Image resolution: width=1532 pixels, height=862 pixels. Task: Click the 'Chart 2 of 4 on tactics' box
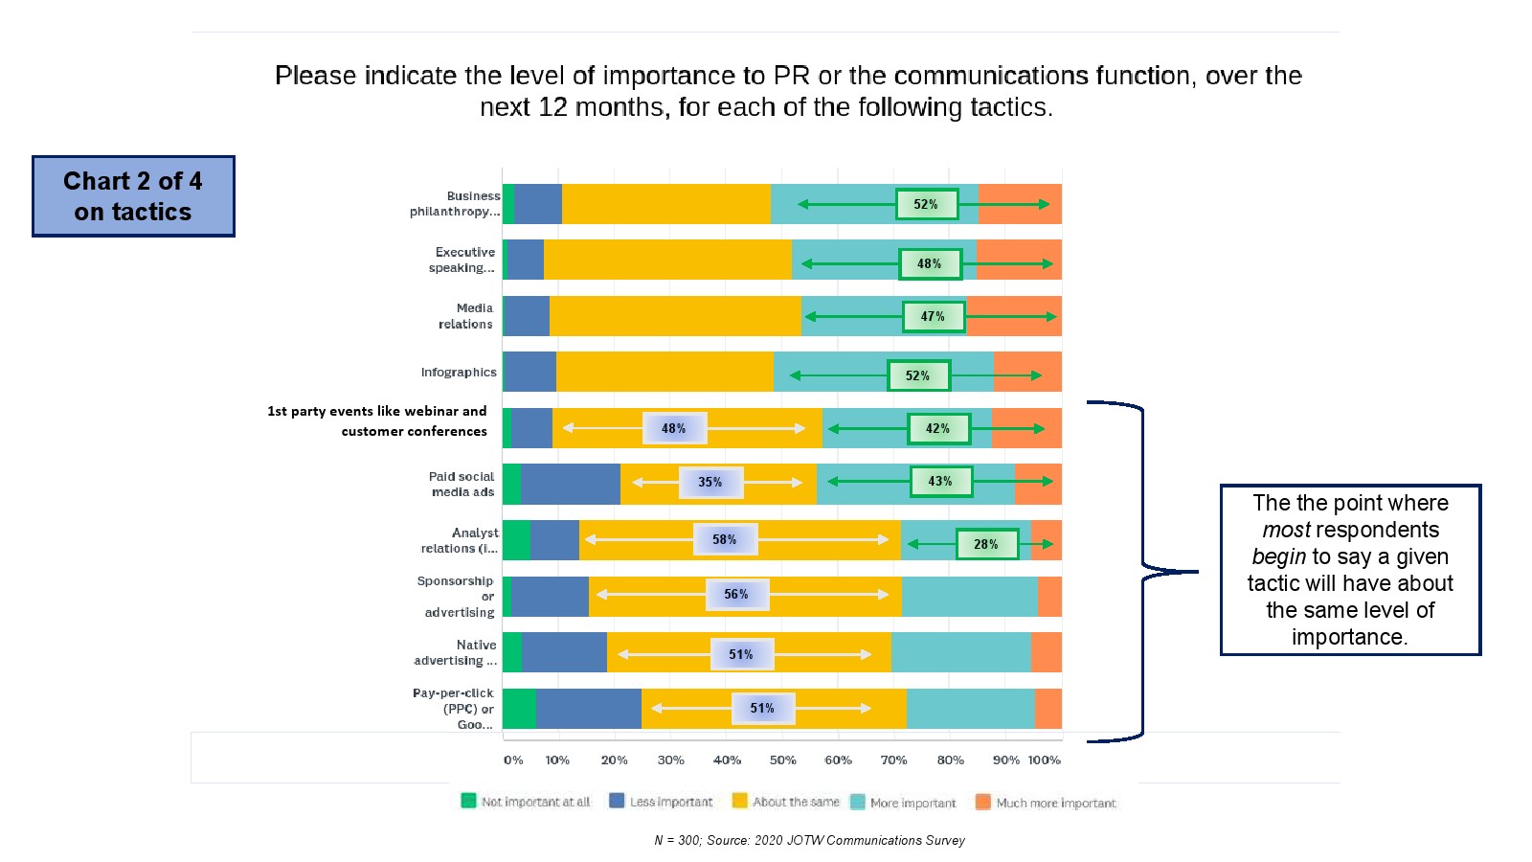click(x=133, y=196)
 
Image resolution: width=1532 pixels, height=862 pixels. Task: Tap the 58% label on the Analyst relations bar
click(x=725, y=539)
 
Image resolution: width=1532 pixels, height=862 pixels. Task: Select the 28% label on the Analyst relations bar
click(x=986, y=544)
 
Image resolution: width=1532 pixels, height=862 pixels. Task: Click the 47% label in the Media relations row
click(x=934, y=316)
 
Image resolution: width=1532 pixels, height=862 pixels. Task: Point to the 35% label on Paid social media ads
click(x=710, y=482)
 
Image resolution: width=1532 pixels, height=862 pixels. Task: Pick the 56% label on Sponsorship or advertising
click(x=736, y=594)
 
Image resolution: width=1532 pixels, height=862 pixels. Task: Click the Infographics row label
click(x=459, y=373)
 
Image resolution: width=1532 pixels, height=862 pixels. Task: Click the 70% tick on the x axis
click(x=893, y=760)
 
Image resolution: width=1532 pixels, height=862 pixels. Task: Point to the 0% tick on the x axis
click(x=513, y=760)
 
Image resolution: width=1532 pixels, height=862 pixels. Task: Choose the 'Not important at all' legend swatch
click(x=468, y=801)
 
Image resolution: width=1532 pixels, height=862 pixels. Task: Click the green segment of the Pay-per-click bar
click(x=519, y=709)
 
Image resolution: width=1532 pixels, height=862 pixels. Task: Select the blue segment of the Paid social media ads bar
click(x=571, y=484)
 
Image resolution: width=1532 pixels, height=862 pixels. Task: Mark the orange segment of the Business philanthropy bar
click(x=1020, y=204)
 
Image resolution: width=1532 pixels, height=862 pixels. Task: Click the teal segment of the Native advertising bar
click(x=960, y=652)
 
